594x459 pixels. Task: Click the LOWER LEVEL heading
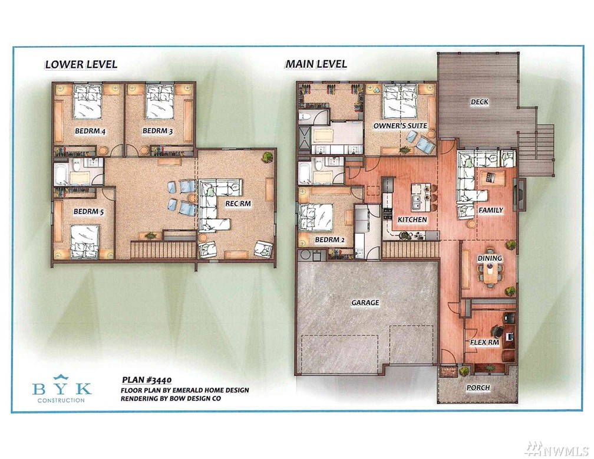point(81,64)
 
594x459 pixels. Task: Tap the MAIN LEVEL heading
point(316,64)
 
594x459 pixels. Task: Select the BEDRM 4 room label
point(90,131)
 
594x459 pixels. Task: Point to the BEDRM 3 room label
point(157,131)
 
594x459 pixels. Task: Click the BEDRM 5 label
point(88,211)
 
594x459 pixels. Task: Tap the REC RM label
point(238,204)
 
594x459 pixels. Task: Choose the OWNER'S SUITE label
point(400,126)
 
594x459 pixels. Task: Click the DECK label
point(480,101)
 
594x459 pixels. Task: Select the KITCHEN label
point(412,219)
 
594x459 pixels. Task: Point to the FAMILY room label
point(491,210)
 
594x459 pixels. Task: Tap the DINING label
point(490,258)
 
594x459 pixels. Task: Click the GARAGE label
point(365,302)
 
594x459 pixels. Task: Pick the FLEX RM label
point(484,342)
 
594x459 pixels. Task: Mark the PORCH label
point(478,387)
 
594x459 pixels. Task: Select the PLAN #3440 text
point(147,380)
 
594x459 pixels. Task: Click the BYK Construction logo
point(62,388)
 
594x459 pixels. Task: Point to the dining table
point(490,271)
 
